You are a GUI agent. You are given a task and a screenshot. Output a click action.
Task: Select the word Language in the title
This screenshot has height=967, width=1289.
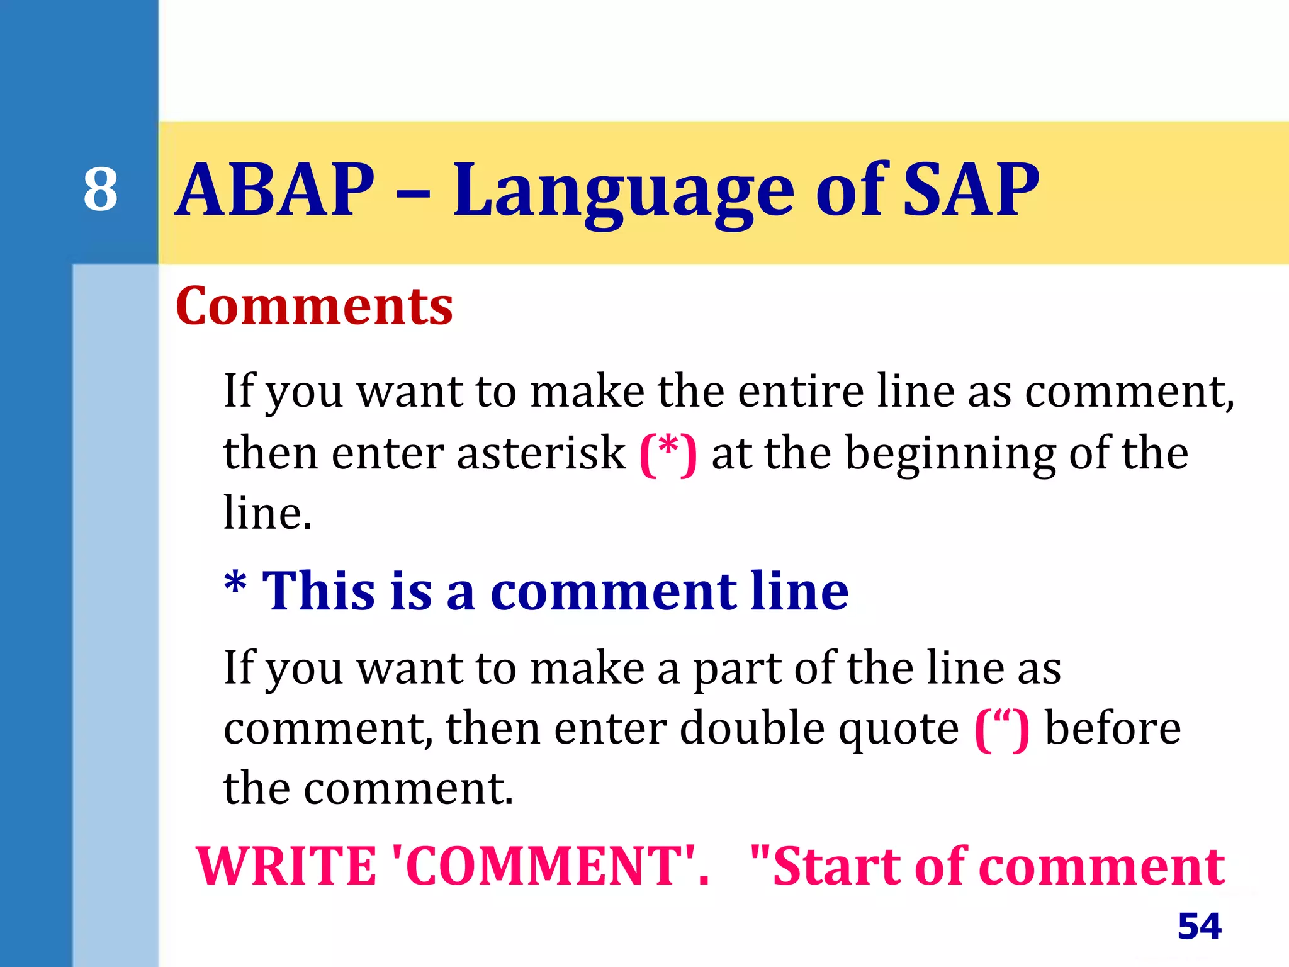[x=623, y=192]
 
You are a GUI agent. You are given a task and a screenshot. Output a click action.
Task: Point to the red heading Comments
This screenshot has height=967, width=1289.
[x=314, y=306]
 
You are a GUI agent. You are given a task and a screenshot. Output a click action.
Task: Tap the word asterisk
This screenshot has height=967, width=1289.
[x=541, y=453]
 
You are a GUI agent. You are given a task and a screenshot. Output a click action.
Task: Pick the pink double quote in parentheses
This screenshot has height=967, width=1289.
[x=1002, y=729]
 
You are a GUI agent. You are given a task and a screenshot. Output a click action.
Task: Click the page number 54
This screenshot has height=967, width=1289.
[x=1199, y=926]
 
